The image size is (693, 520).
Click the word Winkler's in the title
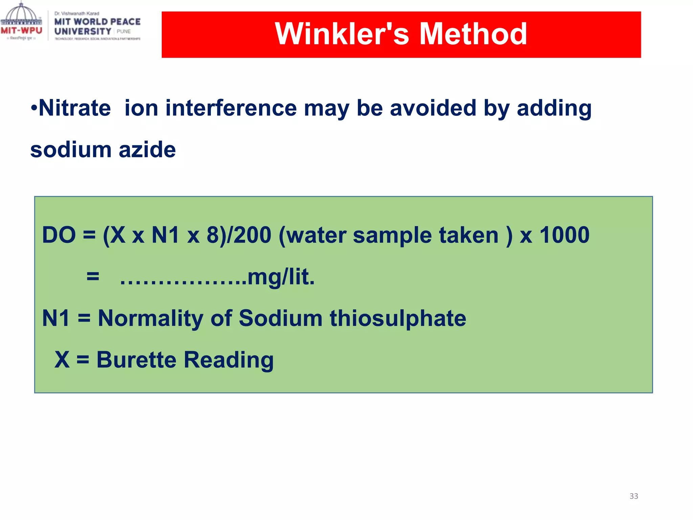342,34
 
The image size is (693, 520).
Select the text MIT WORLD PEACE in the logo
97,22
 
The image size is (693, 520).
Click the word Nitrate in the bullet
75,108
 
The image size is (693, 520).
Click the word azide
147,150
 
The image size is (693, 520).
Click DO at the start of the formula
59,235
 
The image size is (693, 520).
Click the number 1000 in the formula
564,235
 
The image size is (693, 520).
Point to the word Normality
151,319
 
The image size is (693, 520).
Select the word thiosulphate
398,319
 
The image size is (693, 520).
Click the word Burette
136,360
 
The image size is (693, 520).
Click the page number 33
633,496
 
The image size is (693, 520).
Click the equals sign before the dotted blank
93,277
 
